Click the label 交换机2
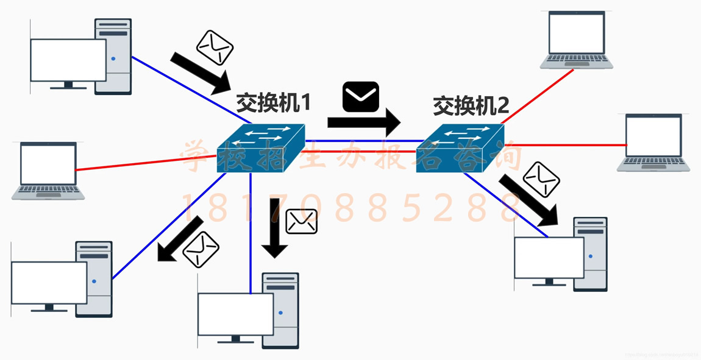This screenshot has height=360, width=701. pos(471,106)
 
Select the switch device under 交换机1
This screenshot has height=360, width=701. pos(260,146)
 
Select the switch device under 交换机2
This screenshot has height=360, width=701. pos(460,148)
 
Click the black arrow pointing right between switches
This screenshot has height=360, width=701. pos(364,122)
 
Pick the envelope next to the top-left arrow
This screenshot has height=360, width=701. pos(215,48)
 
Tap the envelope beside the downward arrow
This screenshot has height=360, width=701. pos(302,221)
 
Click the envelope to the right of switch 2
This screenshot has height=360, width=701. pos(541,178)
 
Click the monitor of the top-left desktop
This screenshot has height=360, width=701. pos(68,60)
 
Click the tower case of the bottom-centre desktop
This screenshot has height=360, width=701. pos(281,311)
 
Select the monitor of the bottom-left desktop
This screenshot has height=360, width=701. pos(49,283)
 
